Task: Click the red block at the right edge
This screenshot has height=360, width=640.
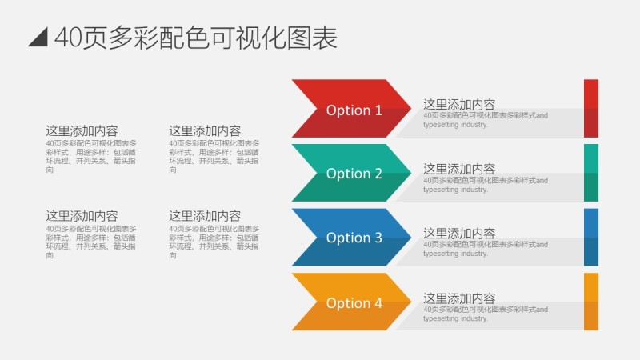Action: (x=591, y=108)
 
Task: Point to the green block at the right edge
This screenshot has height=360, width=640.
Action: (x=591, y=172)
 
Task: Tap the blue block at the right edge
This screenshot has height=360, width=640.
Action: (x=591, y=237)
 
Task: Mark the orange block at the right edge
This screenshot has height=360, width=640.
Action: (x=591, y=302)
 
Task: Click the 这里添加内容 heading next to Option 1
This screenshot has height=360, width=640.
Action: (x=459, y=105)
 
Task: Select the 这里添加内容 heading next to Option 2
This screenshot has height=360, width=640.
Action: (x=459, y=169)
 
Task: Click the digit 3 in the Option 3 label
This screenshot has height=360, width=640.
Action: (x=378, y=238)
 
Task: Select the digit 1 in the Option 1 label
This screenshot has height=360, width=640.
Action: (x=378, y=110)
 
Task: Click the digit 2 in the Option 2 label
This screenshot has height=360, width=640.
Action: (x=378, y=174)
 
